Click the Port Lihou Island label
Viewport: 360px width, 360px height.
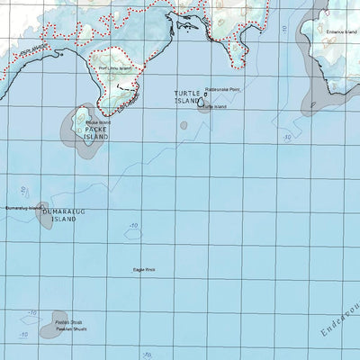tap(115, 67)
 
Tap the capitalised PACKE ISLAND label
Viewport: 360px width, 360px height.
tap(96, 132)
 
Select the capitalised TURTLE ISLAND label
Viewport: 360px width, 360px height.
tap(189, 97)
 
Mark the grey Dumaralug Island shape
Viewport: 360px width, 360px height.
tap(45, 218)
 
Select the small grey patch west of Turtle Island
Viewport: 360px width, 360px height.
tap(184, 123)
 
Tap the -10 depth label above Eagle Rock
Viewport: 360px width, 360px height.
tap(133, 226)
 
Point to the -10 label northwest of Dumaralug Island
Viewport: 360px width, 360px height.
tap(22, 190)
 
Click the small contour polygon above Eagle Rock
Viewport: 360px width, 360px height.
tap(135, 235)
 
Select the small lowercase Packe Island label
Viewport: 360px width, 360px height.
tap(98, 121)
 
